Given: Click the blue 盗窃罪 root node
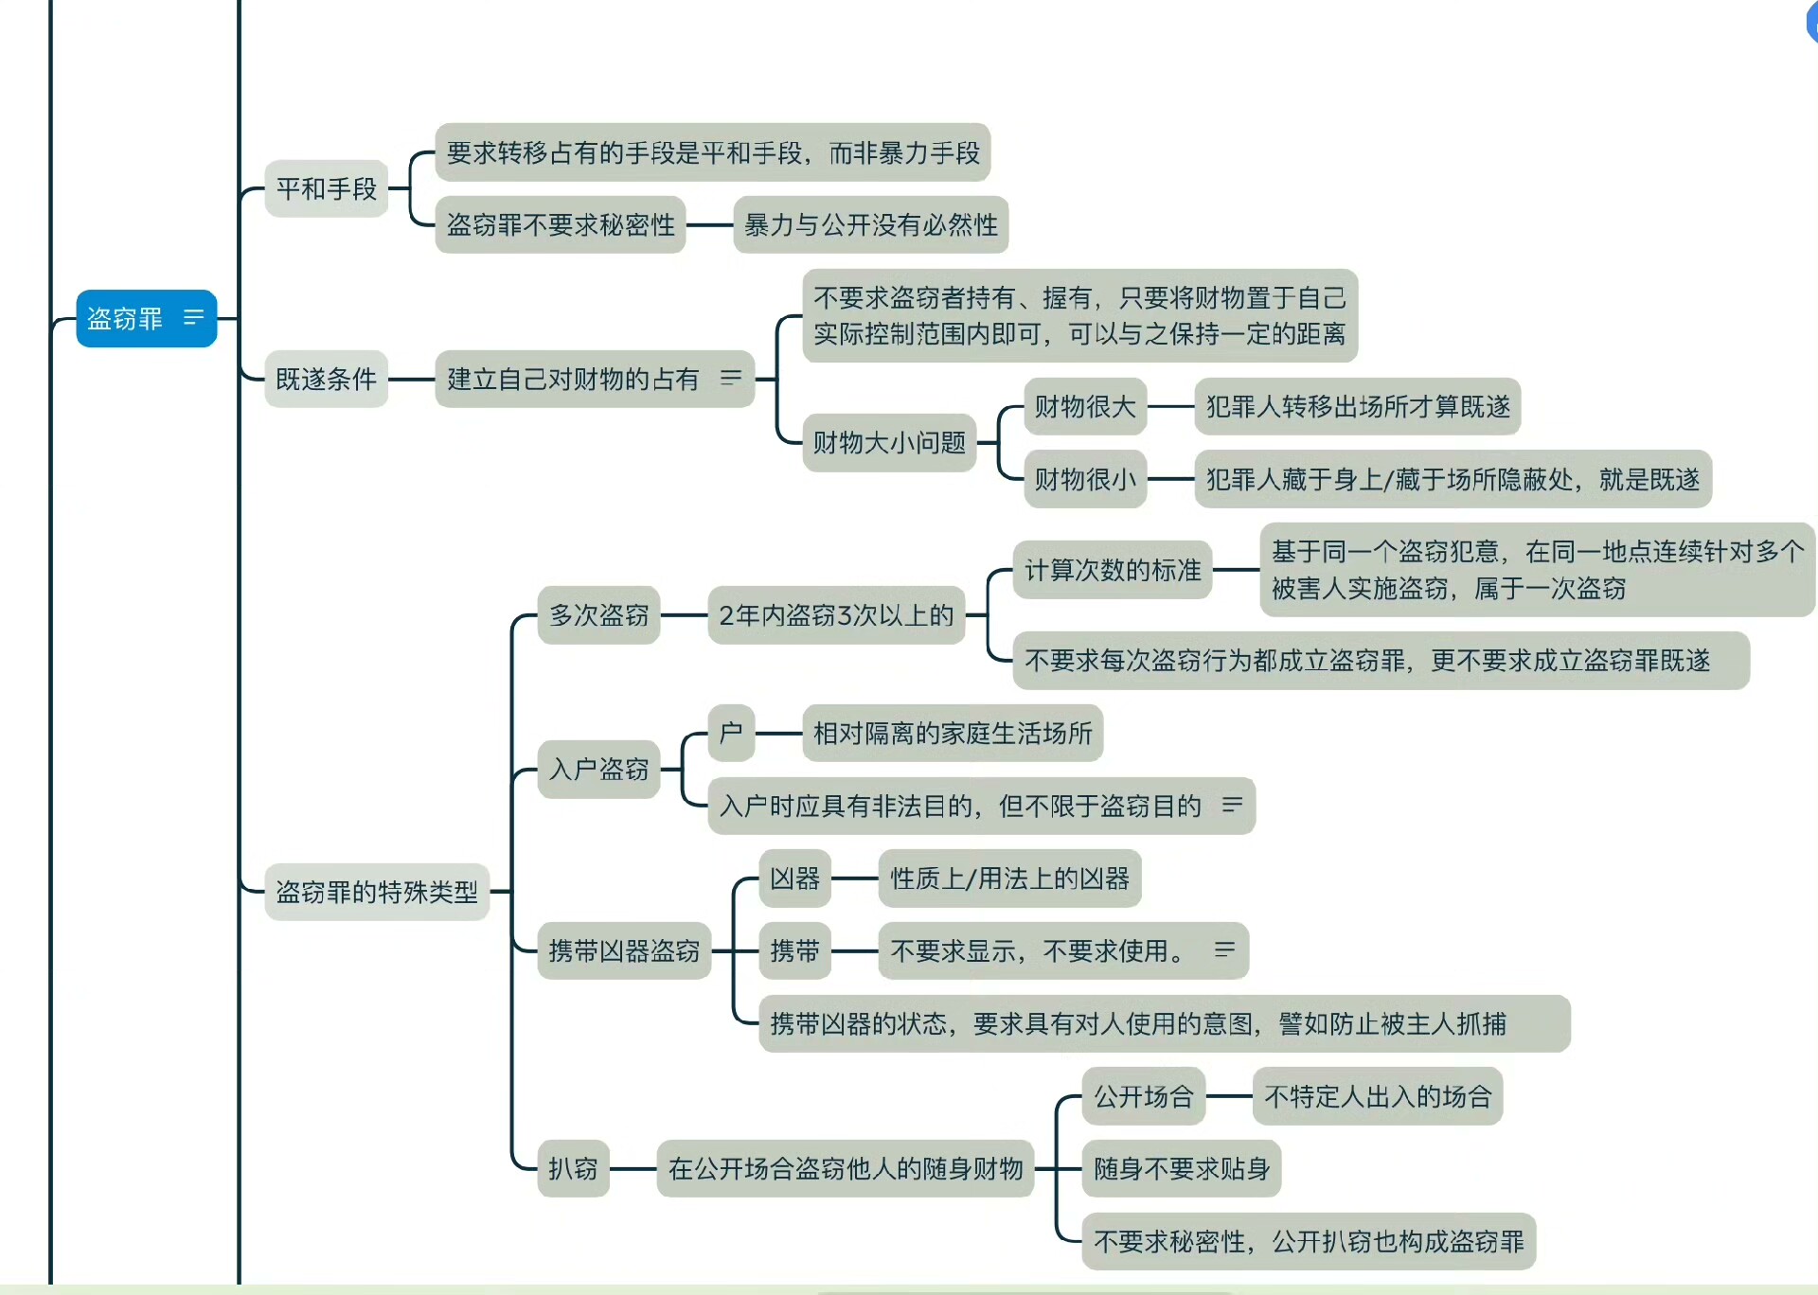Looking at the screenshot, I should [126, 319].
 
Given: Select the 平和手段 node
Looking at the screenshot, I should [327, 189].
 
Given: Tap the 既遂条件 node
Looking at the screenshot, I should [327, 380].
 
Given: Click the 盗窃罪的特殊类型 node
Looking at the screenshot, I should [377, 892].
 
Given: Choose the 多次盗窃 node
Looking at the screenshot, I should [598, 615].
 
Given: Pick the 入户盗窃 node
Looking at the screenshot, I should [598, 769].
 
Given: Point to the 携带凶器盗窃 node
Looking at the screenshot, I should [624, 950].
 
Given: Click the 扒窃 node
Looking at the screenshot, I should [573, 1169].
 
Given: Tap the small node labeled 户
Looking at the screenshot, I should [731, 733].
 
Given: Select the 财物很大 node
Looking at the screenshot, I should [1085, 407].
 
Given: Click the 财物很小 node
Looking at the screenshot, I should [1085, 480].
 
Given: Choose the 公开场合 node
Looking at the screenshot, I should [1144, 1096].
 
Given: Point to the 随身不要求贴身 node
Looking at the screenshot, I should [1182, 1169].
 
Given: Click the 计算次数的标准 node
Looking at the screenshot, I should [1113, 570].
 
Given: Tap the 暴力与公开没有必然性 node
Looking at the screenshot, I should [871, 225].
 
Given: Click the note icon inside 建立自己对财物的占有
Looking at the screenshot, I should [731, 378].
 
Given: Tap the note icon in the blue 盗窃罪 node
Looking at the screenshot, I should [193, 317].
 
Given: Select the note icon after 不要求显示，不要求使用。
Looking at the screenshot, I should [1224, 949].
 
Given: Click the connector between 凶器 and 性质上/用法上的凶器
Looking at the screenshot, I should [855, 878].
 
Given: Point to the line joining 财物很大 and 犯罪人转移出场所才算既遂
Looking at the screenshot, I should [1171, 407].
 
